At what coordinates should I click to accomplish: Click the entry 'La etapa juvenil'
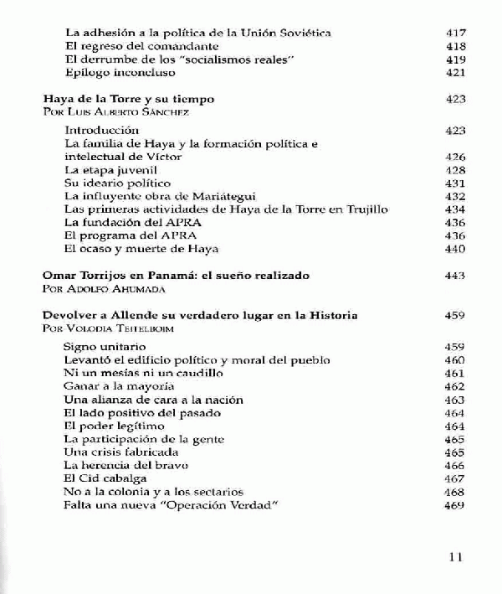(x=106, y=169)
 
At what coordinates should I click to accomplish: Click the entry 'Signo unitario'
(x=105, y=346)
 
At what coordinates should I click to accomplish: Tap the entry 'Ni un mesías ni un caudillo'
(x=132, y=372)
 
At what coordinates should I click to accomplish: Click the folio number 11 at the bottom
(x=456, y=556)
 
